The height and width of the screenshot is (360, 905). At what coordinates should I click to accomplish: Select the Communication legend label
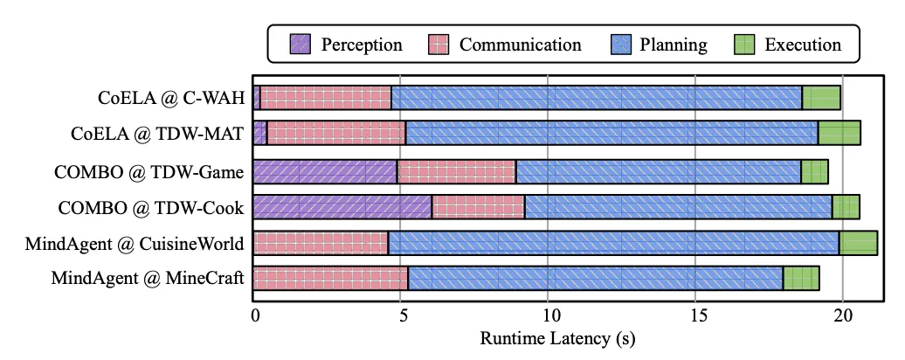tap(520, 44)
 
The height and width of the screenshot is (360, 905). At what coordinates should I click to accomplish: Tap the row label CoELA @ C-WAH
tap(170, 98)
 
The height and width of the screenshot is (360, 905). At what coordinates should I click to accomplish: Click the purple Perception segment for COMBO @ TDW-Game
tap(324, 170)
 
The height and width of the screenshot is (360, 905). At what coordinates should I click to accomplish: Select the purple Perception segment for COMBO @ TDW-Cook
tap(342, 206)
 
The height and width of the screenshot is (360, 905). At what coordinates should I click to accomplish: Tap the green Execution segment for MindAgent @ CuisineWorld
tap(858, 242)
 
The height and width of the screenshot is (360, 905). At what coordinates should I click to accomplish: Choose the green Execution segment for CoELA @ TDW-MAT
tap(839, 134)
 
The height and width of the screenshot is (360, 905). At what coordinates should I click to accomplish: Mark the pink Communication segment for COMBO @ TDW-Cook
tap(478, 206)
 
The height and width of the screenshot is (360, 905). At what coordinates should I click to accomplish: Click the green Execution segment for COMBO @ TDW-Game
tap(814, 170)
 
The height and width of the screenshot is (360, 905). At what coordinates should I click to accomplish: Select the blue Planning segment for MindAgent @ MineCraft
tap(595, 279)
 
